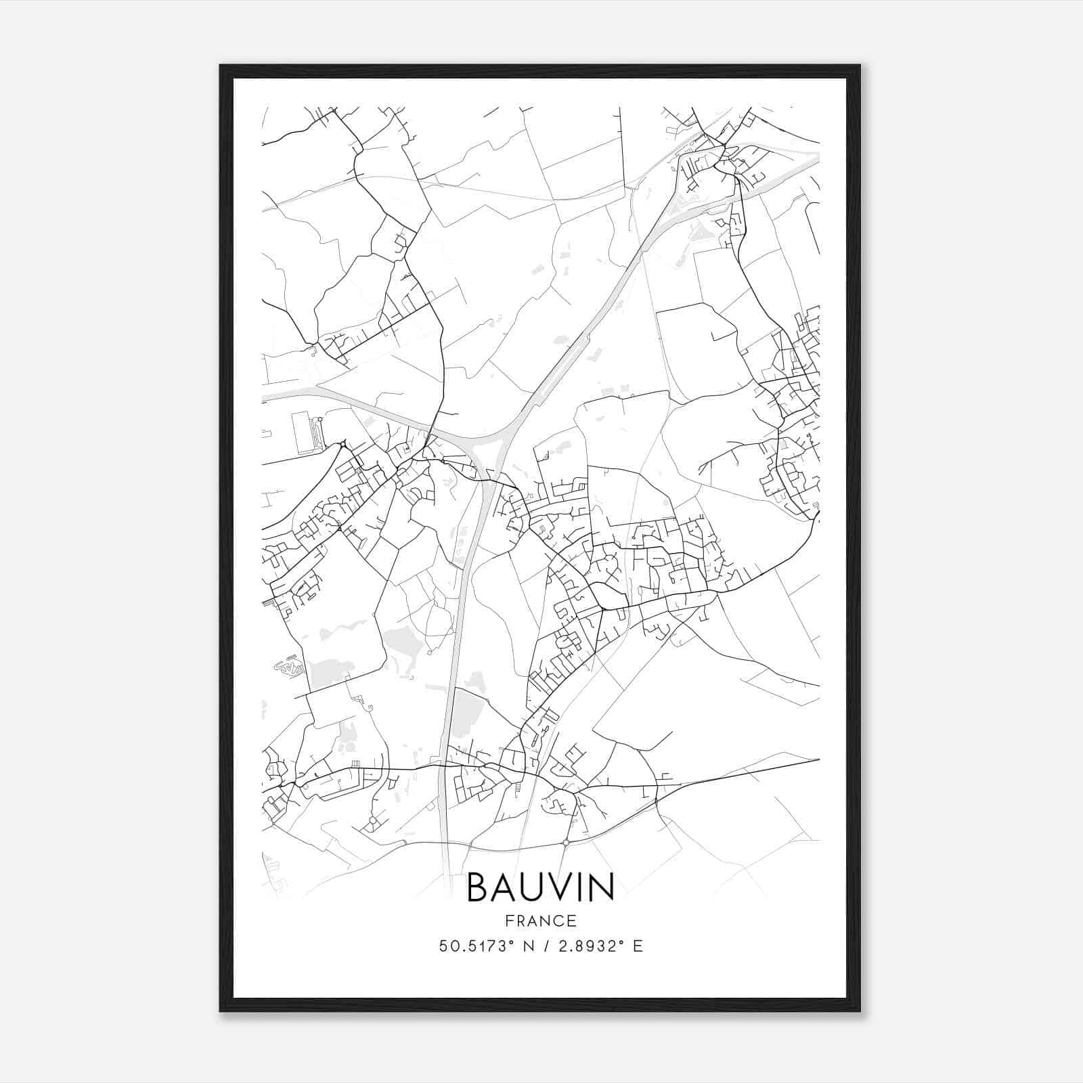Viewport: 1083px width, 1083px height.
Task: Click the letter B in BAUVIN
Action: [480, 887]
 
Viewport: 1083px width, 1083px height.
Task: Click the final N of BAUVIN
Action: [602, 887]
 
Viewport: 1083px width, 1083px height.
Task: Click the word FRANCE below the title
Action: [541, 921]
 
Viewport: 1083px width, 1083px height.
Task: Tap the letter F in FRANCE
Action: [509, 921]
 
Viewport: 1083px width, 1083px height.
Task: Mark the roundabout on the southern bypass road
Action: [566, 843]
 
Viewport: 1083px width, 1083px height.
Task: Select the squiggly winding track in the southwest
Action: [287, 667]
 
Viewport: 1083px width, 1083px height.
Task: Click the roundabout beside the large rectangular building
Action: [320, 420]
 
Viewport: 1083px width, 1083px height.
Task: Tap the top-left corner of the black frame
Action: [221, 66]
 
